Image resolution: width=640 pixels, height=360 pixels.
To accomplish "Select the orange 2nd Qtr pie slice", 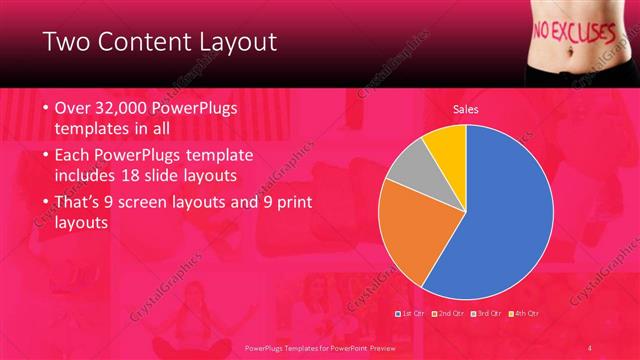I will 405,230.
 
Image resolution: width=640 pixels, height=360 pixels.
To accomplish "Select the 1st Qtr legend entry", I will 412,314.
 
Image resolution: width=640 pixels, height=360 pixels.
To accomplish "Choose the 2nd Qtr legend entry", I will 448,314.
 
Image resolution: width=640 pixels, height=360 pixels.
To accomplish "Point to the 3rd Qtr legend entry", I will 486,314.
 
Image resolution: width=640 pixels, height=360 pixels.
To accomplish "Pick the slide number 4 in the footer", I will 590,347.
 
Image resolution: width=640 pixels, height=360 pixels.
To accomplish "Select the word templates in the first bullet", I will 95,130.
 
